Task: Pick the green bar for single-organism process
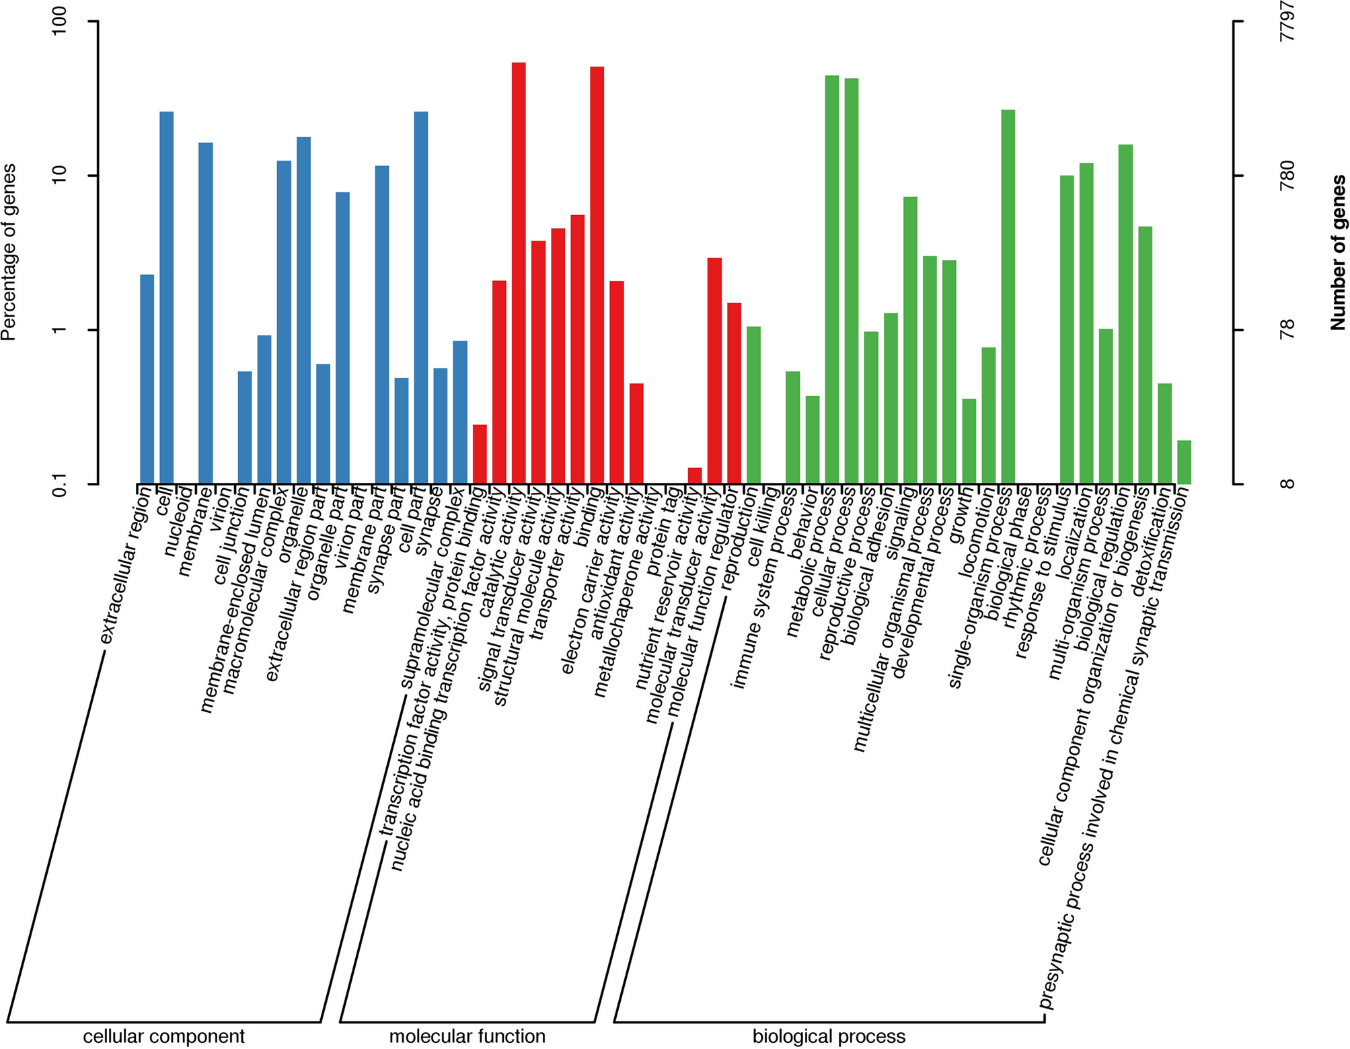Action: pos(1008,296)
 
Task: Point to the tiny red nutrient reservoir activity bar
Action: pos(695,475)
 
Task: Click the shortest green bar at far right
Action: pos(1184,462)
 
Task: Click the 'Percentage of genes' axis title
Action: pos(9,252)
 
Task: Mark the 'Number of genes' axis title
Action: pos(1338,252)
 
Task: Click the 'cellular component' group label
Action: pos(163,1036)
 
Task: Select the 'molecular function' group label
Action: pos(467,1036)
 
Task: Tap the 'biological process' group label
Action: pos(829,1036)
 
